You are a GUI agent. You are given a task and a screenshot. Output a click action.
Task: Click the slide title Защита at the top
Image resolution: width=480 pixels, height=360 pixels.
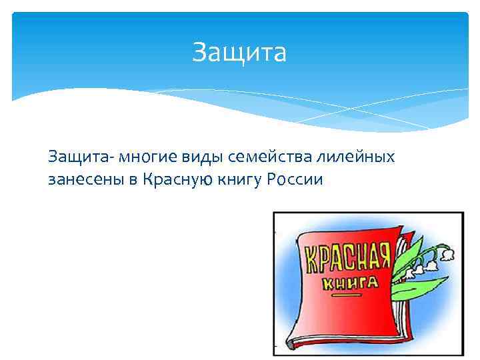click(239, 52)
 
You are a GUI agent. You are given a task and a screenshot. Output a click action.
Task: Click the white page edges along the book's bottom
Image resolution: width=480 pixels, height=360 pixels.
click(360, 337)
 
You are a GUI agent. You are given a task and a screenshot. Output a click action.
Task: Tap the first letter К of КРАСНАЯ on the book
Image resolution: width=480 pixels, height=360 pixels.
click(311, 263)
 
